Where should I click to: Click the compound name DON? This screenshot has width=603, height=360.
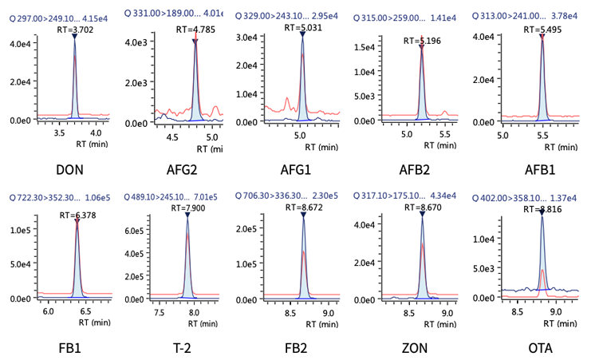pyautogui.click(x=70, y=170)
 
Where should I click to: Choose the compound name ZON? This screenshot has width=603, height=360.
pyautogui.click(x=414, y=348)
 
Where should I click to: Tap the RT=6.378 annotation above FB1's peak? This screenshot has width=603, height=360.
pyautogui.click(x=77, y=216)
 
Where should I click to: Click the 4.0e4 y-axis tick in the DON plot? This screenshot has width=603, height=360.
pyautogui.click(x=18, y=45)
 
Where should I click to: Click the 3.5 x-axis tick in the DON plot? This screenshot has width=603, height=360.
pyautogui.click(x=58, y=134)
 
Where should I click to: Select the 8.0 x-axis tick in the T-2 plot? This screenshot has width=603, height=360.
pyautogui.click(x=195, y=313)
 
